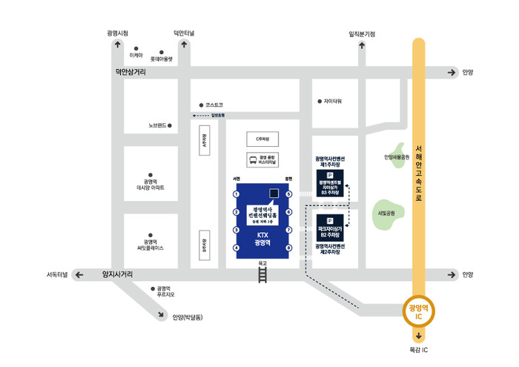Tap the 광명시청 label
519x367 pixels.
[x=118, y=33]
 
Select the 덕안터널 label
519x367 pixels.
[x=185, y=33]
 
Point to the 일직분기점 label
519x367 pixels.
[x=362, y=33]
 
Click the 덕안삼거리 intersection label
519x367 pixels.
[x=130, y=72]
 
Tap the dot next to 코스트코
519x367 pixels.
[x=199, y=105]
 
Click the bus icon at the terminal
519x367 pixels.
[x=252, y=158]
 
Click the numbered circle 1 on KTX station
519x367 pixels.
[x=237, y=194]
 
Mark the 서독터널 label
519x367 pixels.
[x=56, y=275]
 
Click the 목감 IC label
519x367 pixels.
[x=420, y=349]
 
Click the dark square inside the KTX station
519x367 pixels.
[x=274, y=194]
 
